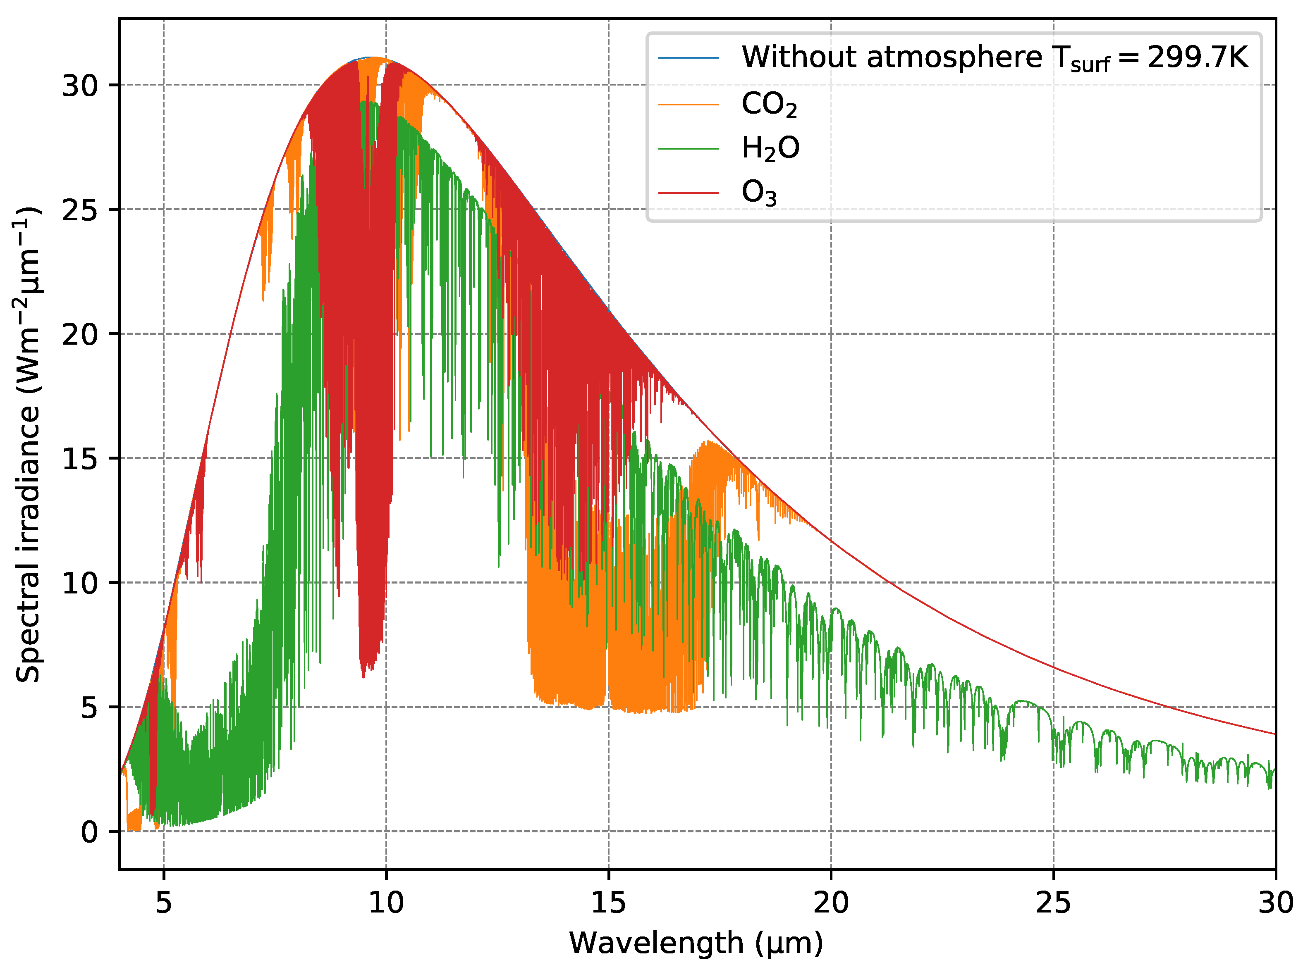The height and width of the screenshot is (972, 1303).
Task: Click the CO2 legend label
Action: (768, 105)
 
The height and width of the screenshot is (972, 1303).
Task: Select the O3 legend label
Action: (758, 193)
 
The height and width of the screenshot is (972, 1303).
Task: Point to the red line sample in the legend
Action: (688, 193)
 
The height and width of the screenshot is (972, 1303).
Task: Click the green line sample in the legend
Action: (688, 149)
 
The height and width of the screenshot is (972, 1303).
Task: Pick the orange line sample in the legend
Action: (688, 105)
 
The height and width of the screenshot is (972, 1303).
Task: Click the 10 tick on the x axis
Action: (386, 903)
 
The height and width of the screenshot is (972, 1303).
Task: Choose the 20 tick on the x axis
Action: (830, 903)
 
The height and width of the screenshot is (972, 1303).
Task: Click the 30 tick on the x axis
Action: (1275, 903)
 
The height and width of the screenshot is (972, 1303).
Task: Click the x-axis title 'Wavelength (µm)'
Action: (696, 943)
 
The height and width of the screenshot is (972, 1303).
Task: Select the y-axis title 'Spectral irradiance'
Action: (28, 444)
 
